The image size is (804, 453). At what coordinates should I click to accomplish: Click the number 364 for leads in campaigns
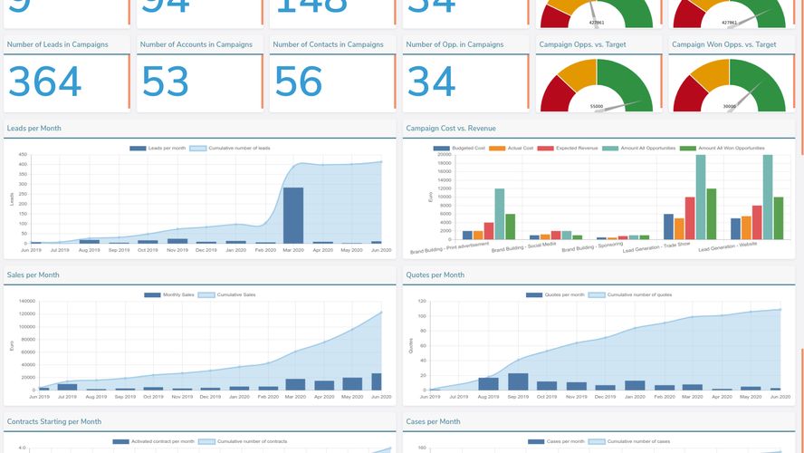45,82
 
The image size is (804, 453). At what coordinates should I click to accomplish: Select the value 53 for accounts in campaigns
165,82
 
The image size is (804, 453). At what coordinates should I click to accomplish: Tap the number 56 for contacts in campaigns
298,82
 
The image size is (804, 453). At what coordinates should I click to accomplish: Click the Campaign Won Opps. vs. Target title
723,44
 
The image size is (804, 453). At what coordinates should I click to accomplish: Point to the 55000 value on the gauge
597,106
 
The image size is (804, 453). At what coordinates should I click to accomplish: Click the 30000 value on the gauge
729,106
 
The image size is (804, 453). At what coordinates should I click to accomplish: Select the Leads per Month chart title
33,129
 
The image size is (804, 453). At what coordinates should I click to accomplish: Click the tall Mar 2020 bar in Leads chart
293,216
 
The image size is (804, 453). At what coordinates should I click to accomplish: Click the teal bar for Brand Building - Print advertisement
499,214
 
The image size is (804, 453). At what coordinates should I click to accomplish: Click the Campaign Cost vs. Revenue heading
451,129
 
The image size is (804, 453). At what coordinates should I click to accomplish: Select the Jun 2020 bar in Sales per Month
376,381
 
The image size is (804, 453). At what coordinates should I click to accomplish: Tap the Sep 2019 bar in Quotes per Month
518,381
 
